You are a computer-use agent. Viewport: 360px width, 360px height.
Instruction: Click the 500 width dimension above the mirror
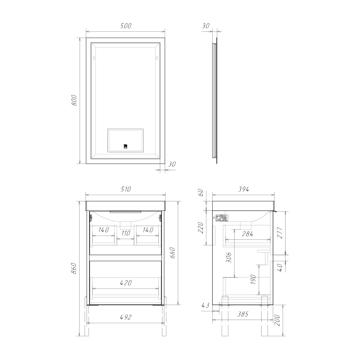pos(126,26)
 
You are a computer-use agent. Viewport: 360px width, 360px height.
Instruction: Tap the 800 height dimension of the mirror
pos(74,100)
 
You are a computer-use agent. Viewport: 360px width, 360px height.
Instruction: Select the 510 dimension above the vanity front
pos(126,189)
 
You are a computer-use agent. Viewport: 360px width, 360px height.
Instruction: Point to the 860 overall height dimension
pos(74,268)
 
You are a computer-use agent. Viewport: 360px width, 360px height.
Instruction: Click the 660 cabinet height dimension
pos(173,253)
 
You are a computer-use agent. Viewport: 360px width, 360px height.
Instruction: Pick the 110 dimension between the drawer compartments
pos(125,233)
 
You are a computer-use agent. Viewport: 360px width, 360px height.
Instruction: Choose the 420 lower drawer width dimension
pos(126,283)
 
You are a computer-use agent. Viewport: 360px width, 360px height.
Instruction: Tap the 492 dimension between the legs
pos(125,317)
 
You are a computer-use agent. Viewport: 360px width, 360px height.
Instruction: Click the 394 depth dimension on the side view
pos(243,189)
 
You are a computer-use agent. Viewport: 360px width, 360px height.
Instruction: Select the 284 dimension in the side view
pos(247,234)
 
